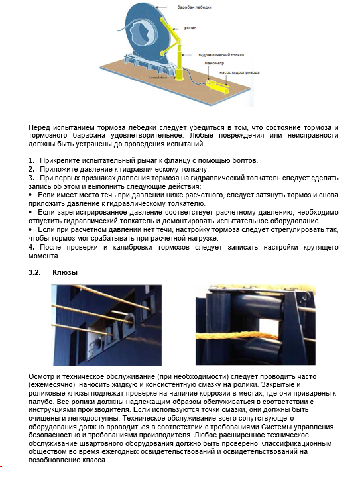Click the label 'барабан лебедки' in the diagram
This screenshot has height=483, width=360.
pyautogui.click(x=194, y=7)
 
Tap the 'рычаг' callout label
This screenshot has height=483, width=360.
pyautogui.click(x=190, y=28)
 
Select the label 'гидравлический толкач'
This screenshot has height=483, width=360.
pyautogui.click(x=221, y=55)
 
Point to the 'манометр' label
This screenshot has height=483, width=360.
pyautogui.click(x=214, y=63)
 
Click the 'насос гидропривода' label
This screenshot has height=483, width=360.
pyautogui.click(x=239, y=72)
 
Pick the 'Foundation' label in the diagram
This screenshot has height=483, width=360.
pyautogui.click(x=158, y=78)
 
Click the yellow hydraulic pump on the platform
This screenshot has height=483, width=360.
pyautogui.click(x=218, y=87)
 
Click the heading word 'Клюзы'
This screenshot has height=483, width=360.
pyautogui.click(x=65, y=272)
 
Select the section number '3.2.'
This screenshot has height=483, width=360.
pyautogui.click(x=34, y=272)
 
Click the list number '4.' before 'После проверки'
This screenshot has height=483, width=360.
pyautogui.click(x=32, y=247)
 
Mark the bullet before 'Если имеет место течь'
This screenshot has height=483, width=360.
pyautogui.click(x=30, y=195)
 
